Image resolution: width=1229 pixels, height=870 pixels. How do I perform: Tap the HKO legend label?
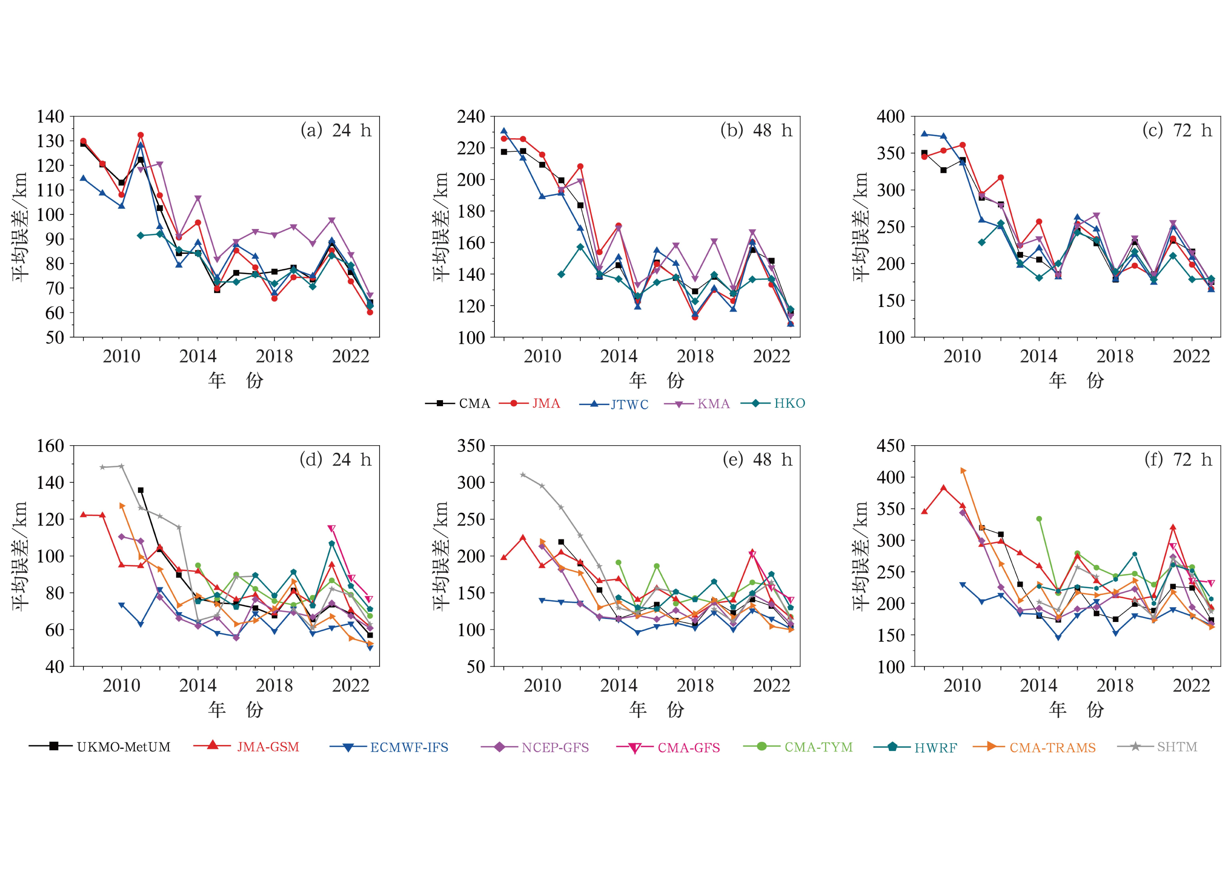coord(789,403)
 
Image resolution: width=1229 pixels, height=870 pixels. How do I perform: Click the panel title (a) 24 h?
coord(336,130)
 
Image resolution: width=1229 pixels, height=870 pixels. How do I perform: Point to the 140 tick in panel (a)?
coord(50,116)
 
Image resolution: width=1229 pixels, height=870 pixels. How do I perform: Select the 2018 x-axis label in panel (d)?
coord(274,686)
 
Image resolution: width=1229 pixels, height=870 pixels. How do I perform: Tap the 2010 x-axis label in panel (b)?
coord(542,356)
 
